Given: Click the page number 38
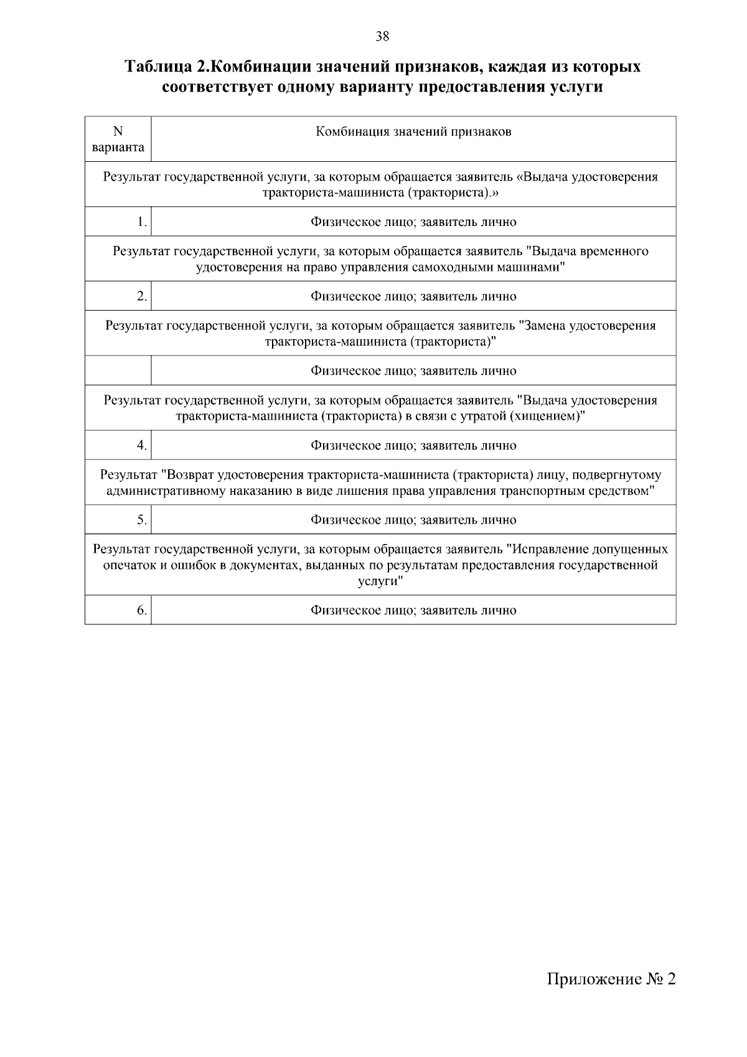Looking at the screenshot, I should [x=382, y=37].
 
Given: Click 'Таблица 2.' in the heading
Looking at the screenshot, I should [x=164, y=67].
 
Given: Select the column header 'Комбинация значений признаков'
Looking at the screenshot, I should [x=413, y=132].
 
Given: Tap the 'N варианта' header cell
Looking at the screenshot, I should [x=118, y=139].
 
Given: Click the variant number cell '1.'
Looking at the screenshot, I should [x=143, y=222].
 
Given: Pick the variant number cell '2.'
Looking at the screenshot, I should [x=143, y=296].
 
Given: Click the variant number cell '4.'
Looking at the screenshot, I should [x=143, y=446].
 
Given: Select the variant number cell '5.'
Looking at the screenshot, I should [x=143, y=520].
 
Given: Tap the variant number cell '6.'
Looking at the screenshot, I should [x=143, y=611].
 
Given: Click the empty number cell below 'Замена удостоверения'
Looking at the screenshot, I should [x=118, y=371].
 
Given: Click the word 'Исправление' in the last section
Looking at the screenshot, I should [x=549, y=550].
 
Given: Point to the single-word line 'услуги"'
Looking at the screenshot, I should [x=380, y=581].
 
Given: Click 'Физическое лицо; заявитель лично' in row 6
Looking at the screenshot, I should [x=413, y=611].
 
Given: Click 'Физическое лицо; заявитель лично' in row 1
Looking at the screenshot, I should [x=413, y=222].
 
